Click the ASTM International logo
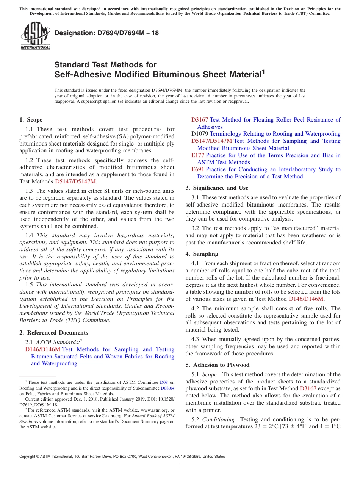[x=35, y=36]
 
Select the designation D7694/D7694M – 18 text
[x=106, y=33]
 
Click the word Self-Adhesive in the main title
[x=78, y=75]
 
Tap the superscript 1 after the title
[x=263, y=72]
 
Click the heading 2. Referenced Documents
[x=53, y=333]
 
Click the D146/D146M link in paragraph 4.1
[x=306, y=299]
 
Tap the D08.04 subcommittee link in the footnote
[x=167, y=388]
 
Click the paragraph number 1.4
[x=30, y=235]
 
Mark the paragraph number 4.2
[x=196, y=308]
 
